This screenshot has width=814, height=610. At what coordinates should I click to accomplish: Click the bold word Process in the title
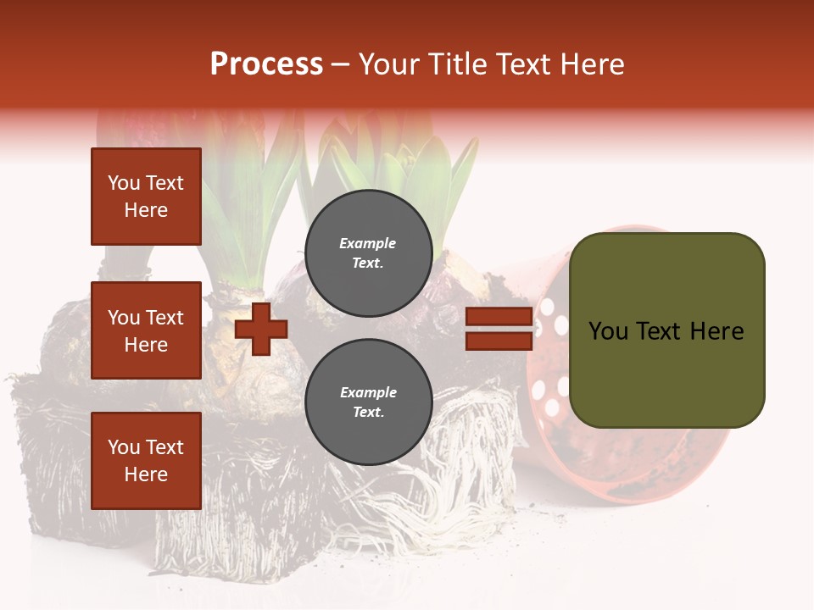[x=266, y=64]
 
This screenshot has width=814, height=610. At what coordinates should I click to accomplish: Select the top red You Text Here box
[x=146, y=197]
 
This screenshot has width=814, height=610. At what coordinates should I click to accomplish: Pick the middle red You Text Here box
[x=146, y=330]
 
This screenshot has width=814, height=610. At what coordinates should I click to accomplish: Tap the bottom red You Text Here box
[x=146, y=461]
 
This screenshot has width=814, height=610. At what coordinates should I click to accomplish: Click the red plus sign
[x=261, y=329]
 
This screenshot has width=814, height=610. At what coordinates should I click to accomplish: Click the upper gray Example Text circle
[x=368, y=252]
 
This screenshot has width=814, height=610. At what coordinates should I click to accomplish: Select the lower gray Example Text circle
[x=368, y=402]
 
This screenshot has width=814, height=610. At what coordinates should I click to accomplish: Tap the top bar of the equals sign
[x=499, y=317]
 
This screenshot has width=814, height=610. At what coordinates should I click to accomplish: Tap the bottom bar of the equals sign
[x=499, y=341]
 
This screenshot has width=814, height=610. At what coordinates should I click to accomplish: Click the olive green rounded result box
[x=666, y=373]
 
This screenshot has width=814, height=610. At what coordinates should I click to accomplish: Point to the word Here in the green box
[x=716, y=331]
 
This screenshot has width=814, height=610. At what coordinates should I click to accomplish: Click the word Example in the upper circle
[x=367, y=243]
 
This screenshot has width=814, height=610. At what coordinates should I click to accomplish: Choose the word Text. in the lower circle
[x=368, y=413]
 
